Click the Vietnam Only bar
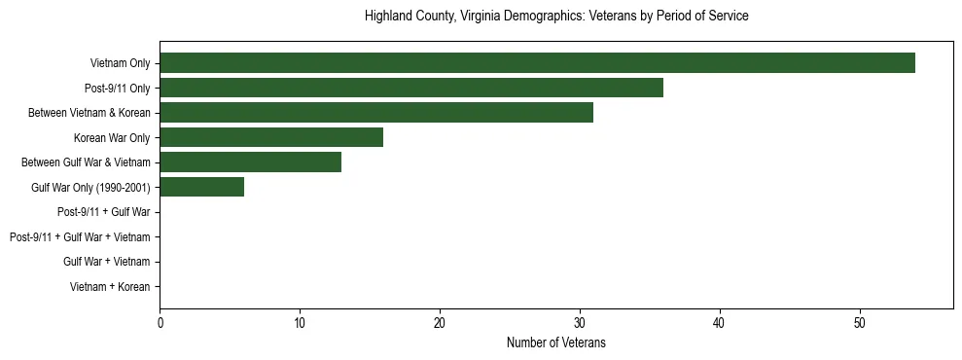click(x=537, y=63)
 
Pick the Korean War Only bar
click(x=271, y=137)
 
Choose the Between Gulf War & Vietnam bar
click(x=250, y=162)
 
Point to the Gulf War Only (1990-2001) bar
click(x=201, y=187)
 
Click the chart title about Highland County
click(x=556, y=17)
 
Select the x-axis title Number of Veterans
click(x=556, y=342)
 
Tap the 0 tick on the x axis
click(x=160, y=323)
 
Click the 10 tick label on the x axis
click(x=300, y=323)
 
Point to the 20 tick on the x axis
click(x=440, y=323)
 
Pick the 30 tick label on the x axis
click(x=580, y=323)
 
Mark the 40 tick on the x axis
click(x=720, y=323)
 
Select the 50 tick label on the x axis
click(x=860, y=323)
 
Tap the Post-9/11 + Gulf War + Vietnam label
click(x=80, y=237)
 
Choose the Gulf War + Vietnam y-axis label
click(x=106, y=262)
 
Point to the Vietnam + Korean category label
click(x=110, y=287)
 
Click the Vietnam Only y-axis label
click(x=120, y=63)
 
